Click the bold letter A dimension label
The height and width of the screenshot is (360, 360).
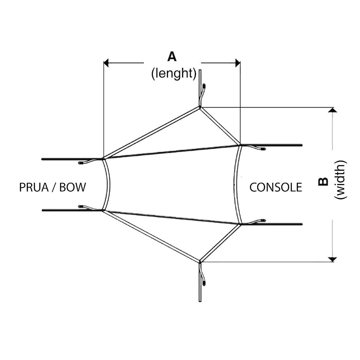point(172,57)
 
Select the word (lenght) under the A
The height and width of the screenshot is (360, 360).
point(174,74)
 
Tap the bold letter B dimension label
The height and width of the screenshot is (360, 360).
point(323,182)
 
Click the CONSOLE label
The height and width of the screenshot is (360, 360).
point(276,187)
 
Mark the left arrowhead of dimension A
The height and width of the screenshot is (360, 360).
point(106,63)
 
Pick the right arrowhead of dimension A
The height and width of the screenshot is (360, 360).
point(238,63)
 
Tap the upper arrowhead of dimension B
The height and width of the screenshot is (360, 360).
point(332,110)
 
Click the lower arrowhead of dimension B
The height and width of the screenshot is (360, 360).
point(332,259)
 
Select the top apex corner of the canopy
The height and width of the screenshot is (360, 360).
point(200,107)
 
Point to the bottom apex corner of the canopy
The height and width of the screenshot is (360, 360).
point(200,262)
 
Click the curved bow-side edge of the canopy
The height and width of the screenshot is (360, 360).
point(109,184)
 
